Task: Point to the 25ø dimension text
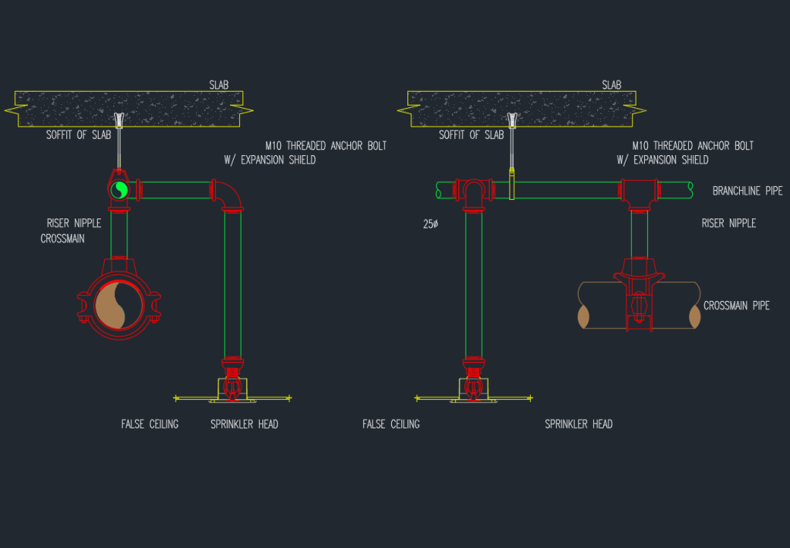point(430,224)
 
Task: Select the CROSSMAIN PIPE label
point(736,306)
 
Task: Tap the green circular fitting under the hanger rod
point(119,189)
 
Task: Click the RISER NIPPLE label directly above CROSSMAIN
point(73,224)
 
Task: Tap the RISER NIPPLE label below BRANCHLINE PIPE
point(728,224)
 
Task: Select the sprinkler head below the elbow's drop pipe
point(232,383)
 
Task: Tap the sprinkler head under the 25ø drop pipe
point(474,383)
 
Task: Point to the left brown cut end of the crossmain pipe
point(584,316)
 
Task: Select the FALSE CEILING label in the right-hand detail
point(391,424)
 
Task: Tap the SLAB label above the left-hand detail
point(219,85)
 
